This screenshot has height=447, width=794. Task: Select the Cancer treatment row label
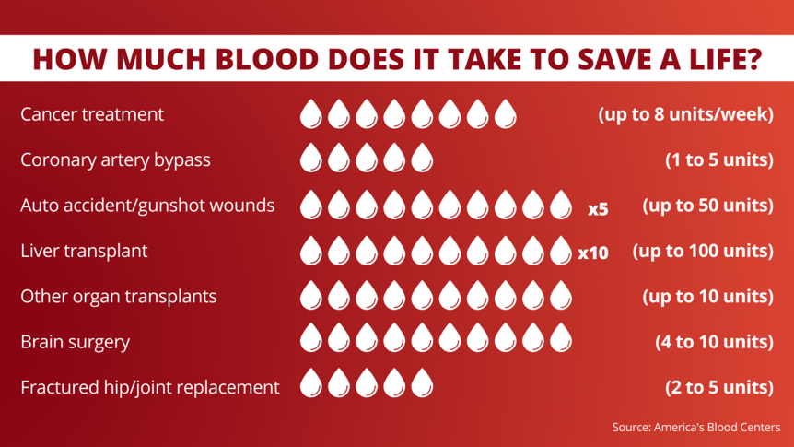tap(92, 114)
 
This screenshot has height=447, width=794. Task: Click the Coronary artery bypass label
tap(115, 159)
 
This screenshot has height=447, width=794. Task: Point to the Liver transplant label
tap(84, 251)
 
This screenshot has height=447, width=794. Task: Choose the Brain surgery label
tap(75, 342)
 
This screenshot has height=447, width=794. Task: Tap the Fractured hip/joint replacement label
tap(149, 387)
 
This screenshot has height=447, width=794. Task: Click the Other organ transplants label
tap(119, 297)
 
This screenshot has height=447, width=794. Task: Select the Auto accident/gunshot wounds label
tap(147, 205)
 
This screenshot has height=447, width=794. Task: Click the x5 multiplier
tap(598, 208)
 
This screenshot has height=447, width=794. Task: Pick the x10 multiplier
tap(593, 253)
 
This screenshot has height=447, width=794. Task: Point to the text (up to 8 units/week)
tap(685, 114)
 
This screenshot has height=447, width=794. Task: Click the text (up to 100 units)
tap(702, 251)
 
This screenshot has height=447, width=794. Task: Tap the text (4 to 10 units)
tap(714, 342)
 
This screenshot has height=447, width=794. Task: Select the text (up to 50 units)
tap(706, 205)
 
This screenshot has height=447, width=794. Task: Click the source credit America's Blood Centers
tap(695, 428)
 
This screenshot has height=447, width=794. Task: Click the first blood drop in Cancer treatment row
tap(311, 114)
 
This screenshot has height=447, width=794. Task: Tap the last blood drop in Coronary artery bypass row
tap(422, 159)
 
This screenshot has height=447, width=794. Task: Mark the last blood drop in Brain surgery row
tap(561, 342)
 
